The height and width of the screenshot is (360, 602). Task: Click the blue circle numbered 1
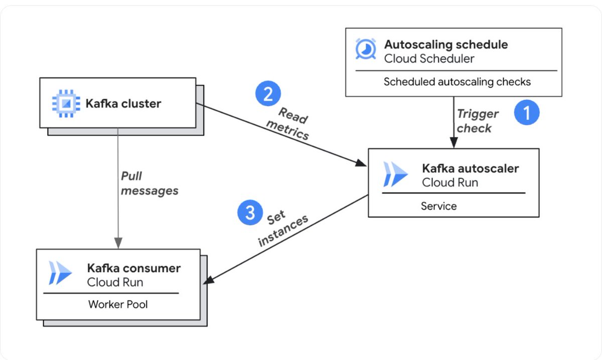point(527,112)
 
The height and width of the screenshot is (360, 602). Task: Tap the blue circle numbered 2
point(268,93)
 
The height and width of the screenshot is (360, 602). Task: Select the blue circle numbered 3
point(250,212)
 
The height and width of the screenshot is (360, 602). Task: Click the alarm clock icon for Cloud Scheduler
point(366,49)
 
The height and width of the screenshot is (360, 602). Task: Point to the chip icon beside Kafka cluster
point(66,103)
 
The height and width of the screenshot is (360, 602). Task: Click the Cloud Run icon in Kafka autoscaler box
point(395,174)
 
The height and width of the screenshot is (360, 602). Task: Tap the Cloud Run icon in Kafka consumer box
point(60,273)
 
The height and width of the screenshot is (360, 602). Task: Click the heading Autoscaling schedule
point(446,45)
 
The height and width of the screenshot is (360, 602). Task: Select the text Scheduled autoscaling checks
point(457,82)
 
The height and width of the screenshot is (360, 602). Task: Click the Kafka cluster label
point(123,103)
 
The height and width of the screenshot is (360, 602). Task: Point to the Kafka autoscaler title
point(471,168)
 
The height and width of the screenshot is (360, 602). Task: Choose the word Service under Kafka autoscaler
point(438,206)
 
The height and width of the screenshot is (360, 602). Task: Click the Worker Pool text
point(118,304)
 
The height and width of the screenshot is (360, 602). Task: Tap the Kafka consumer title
point(134,268)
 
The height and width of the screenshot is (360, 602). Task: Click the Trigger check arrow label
point(478,121)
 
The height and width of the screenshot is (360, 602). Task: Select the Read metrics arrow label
point(288,123)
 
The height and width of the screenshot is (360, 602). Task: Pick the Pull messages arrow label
point(149,184)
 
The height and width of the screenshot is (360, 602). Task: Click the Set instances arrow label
point(283,228)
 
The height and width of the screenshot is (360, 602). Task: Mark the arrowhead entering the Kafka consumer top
point(118,243)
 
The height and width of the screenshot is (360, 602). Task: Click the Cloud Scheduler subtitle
point(429,59)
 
